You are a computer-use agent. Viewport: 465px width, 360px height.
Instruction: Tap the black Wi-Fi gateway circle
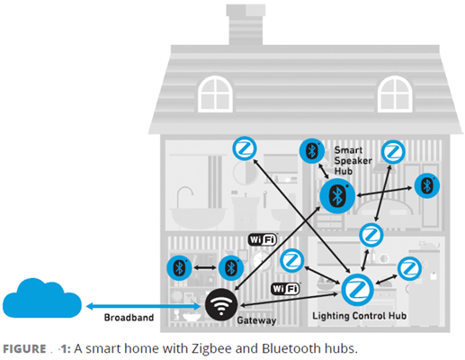pos(219,303)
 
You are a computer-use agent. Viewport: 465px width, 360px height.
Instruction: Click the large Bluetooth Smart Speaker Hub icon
pos(337,195)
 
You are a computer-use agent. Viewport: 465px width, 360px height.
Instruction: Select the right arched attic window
pos(394,93)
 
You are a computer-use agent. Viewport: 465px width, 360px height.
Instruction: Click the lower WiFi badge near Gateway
pos(284,289)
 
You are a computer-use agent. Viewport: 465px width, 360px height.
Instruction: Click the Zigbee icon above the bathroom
pos(244,149)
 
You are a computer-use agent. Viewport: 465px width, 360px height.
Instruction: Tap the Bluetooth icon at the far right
pos(427,185)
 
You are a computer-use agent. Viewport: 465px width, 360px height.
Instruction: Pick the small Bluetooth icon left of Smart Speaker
pos(312,150)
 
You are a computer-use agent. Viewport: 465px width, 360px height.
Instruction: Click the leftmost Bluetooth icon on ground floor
pos(179,267)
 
